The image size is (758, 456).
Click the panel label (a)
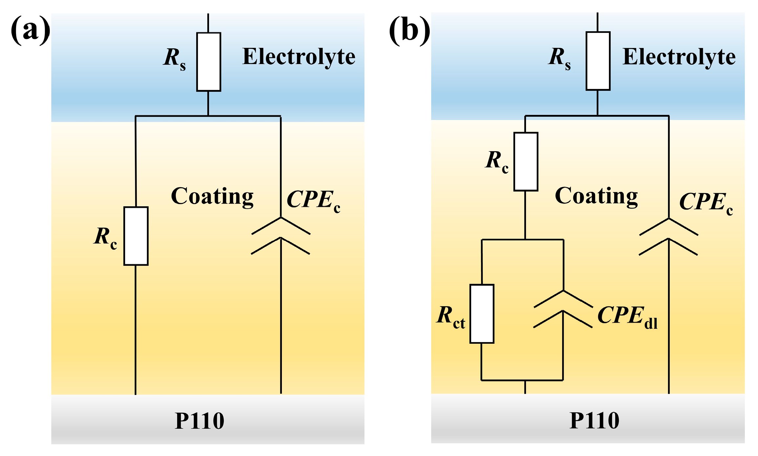click(31, 31)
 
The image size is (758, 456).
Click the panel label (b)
click(409, 31)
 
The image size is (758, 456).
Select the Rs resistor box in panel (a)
click(208, 62)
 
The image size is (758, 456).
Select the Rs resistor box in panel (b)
click(598, 61)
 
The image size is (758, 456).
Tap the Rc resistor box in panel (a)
click(136, 236)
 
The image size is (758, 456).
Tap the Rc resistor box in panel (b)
click(526, 161)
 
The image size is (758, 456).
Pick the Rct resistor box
click(482, 314)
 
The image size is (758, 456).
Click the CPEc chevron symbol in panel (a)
click(281, 236)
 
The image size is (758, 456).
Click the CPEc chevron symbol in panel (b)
click(668, 237)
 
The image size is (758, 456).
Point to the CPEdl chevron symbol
click(563, 309)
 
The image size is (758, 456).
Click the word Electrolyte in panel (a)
click(299, 57)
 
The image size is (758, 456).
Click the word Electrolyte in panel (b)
click(679, 57)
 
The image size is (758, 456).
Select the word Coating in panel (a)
click(212, 197)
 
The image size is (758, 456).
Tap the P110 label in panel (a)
click(200, 421)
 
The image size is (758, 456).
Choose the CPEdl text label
click(627, 317)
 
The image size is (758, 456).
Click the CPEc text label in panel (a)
click(313, 201)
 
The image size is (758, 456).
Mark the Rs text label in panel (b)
click(559, 58)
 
